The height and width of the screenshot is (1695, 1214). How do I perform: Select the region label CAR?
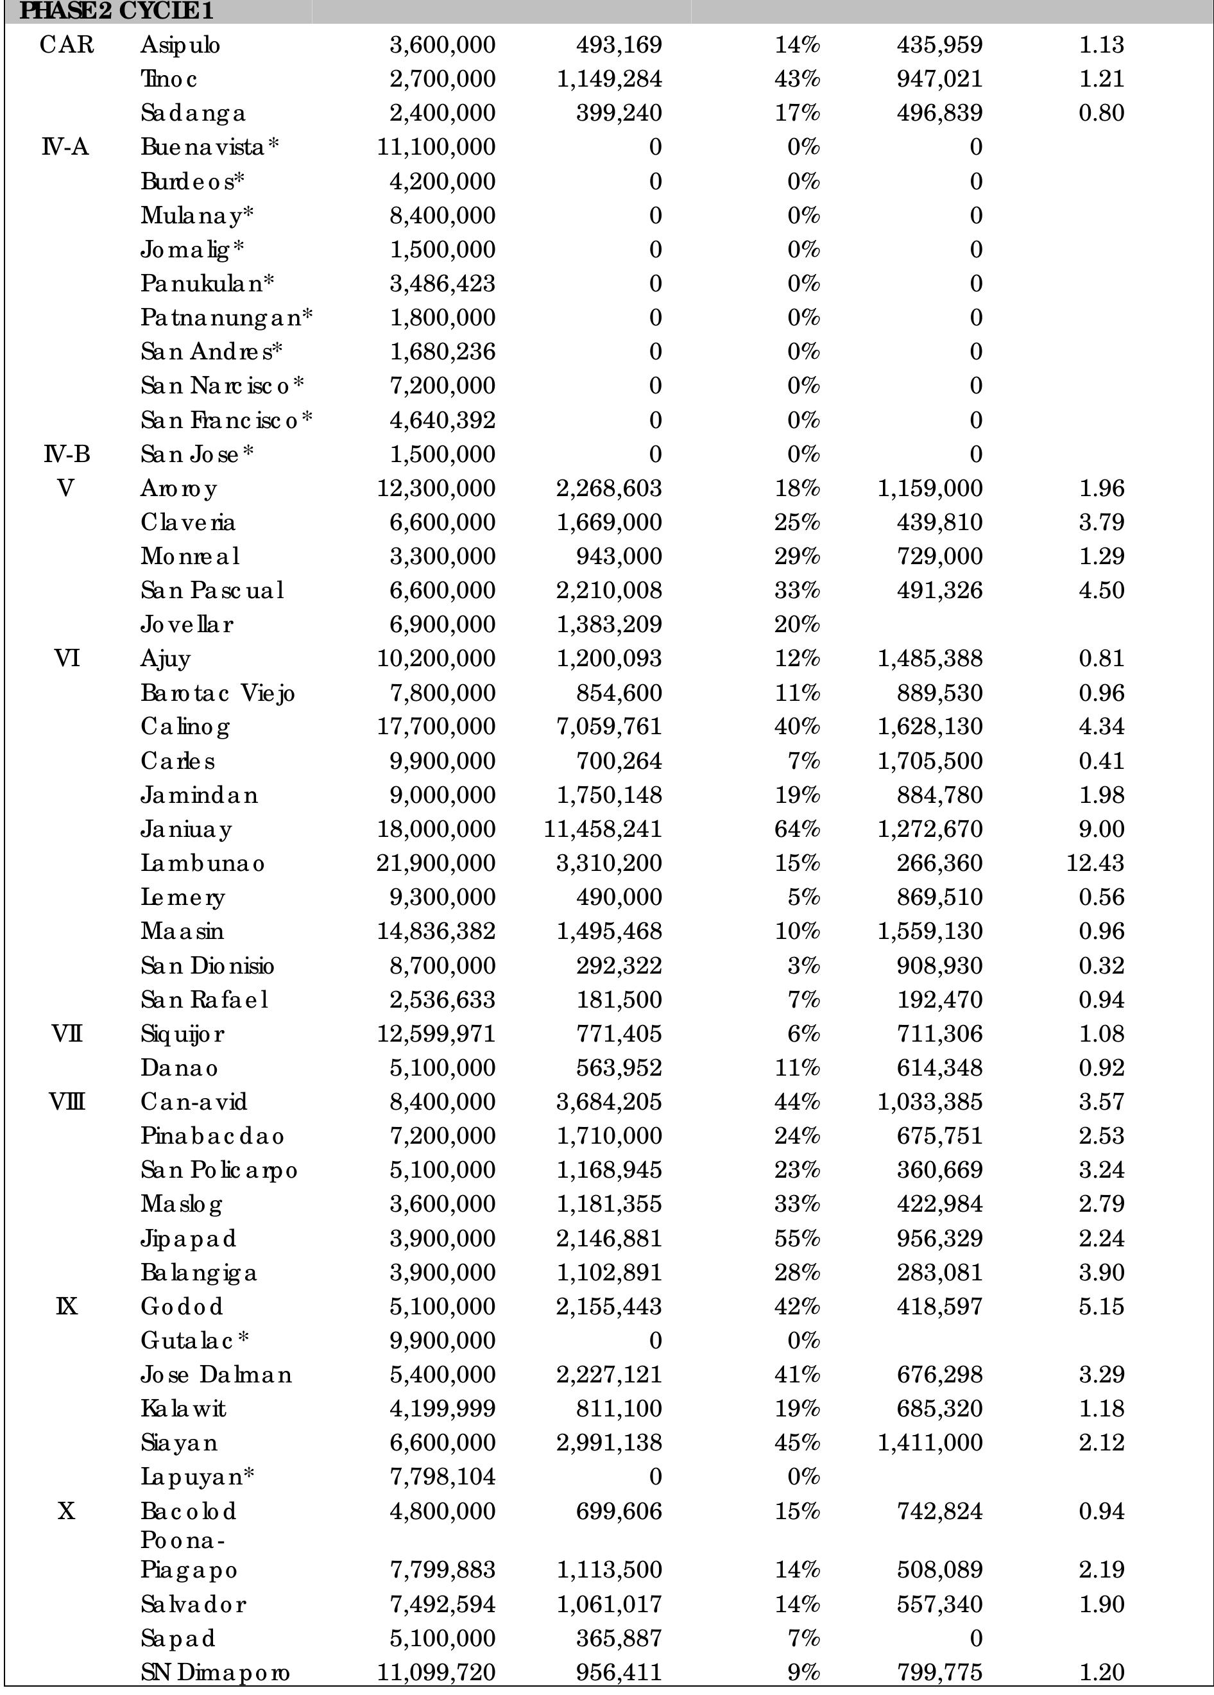click(x=67, y=45)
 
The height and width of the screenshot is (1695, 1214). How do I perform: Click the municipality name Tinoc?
click(x=169, y=78)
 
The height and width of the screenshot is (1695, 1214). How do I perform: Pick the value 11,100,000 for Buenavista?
click(x=436, y=147)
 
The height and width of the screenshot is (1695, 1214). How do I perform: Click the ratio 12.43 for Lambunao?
click(x=1095, y=863)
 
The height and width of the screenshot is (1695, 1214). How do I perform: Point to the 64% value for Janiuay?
click(x=797, y=829)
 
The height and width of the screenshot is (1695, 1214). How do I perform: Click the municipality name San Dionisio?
click(x=207, y=965)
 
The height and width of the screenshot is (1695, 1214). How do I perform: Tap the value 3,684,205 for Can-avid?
click(x=609, y=1101)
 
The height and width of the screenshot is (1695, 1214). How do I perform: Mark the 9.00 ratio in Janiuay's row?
click(x=1101, y=829)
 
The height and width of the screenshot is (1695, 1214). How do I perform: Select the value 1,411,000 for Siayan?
click(x=930, y=1442)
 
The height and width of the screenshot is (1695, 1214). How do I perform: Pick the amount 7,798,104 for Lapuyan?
click(x=442, y=1477)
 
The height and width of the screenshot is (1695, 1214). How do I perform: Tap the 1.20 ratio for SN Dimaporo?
click(x=1101, y=1673)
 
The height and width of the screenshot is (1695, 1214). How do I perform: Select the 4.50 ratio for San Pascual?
click(x=1101, y=590)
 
